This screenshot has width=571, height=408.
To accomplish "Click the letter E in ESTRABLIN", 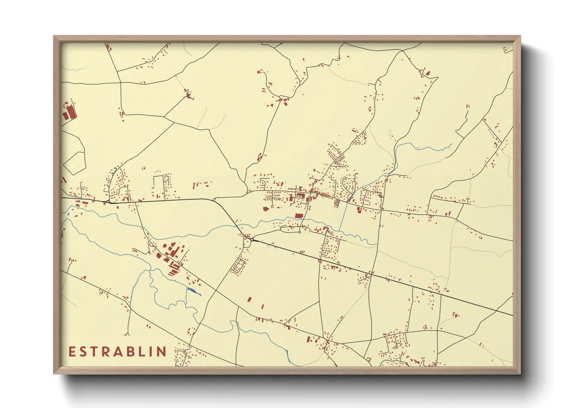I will click(x=72, y=352).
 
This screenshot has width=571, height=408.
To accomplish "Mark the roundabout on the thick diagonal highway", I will click(x=252, y=240).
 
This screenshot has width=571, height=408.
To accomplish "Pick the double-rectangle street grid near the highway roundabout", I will click(x=239, y=265).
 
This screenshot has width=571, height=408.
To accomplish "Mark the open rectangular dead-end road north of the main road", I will click(x=159, y=187).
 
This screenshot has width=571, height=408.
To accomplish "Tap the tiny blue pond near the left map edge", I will click(x=68, y=213).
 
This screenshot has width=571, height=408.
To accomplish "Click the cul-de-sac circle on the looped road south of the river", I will click(x=299, y=232).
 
